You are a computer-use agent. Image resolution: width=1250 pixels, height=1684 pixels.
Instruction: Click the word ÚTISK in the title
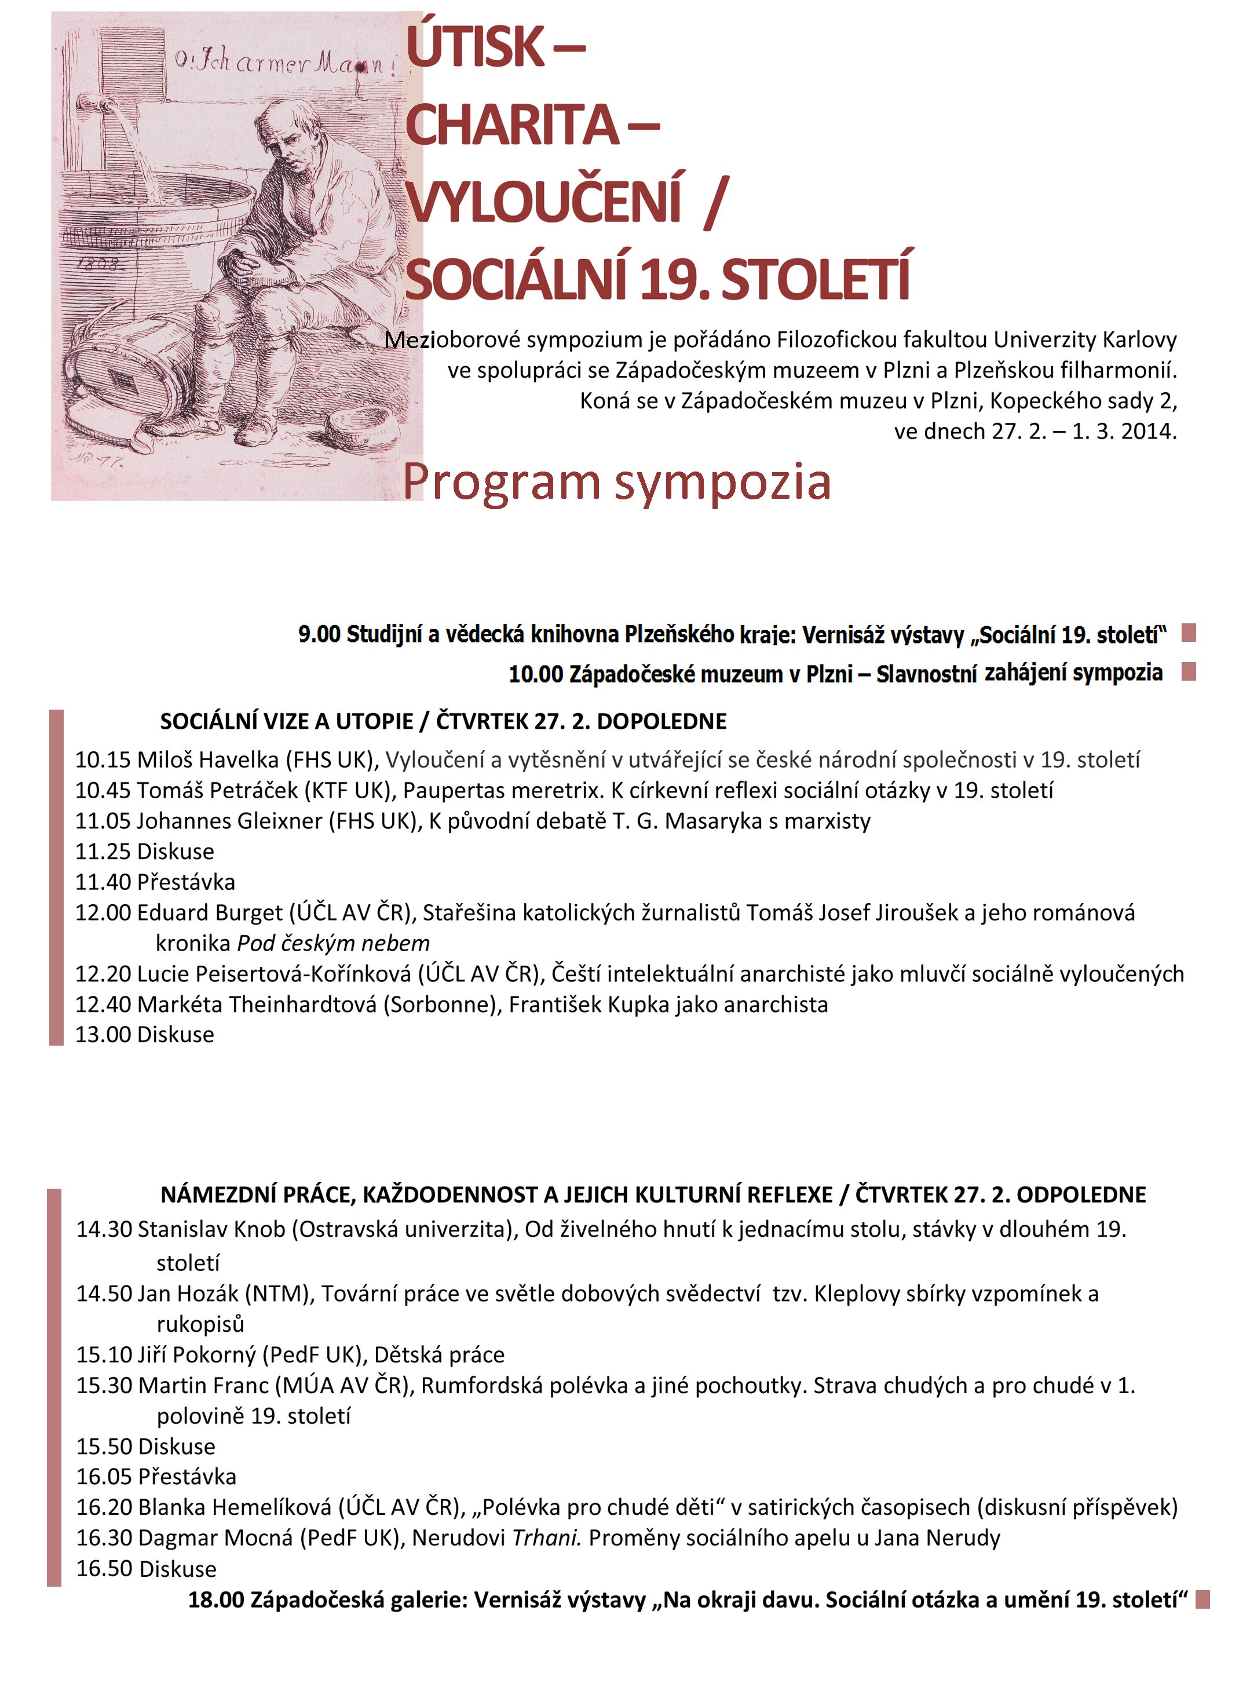[474, 47]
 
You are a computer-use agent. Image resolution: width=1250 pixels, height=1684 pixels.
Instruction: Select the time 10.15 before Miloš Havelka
[103, 759]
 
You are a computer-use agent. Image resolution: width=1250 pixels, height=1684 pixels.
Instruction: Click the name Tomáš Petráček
[217, 791]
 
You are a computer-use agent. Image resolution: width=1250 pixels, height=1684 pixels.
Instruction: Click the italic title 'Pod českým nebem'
[334, 943]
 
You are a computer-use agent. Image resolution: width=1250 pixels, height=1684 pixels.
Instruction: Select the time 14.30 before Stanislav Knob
[104, 1229]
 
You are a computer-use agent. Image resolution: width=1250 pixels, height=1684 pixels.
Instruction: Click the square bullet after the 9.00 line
[1189, 633]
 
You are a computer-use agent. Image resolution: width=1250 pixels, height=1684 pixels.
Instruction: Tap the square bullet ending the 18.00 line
[1203, 1599]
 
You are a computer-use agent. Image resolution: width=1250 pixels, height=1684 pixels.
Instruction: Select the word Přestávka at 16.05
[187, 1477]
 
